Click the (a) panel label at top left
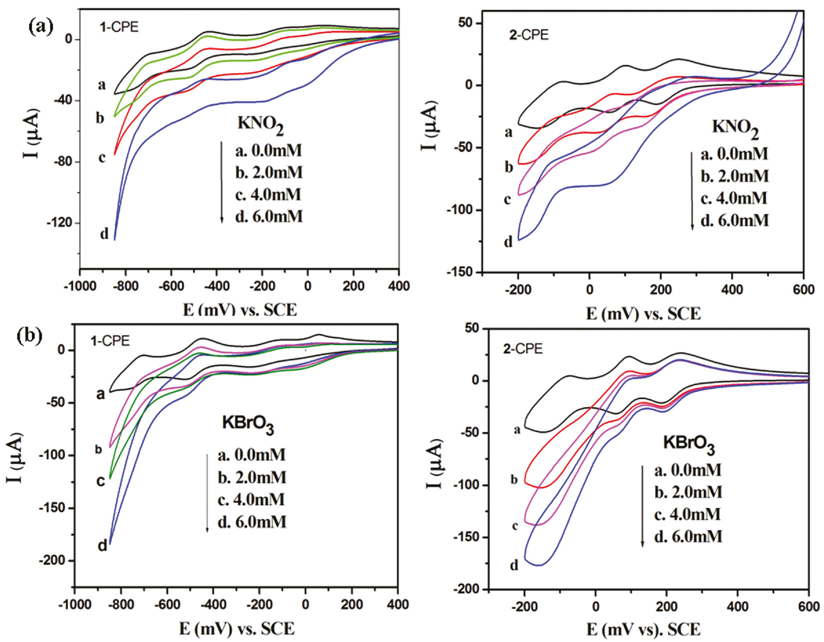(40, 27)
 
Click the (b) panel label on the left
(29, 336)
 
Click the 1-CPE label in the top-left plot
(119, 27)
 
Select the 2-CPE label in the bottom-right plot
(523, 349)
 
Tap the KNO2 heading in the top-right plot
(735, 128)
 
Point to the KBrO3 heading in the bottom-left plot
(248, 424)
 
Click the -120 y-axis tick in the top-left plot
(59, 223)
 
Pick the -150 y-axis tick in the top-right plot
(463, 272)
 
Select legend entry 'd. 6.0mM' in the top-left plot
(269, 216)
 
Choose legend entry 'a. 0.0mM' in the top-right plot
(734, 154)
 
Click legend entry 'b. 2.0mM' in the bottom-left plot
(252, 477)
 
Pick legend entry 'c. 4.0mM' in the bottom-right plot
(688, 514)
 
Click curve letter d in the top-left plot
(104, 234)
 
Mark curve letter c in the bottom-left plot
(101, 481)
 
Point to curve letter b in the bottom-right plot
(514, 480)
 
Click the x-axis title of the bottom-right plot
(643, 629)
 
